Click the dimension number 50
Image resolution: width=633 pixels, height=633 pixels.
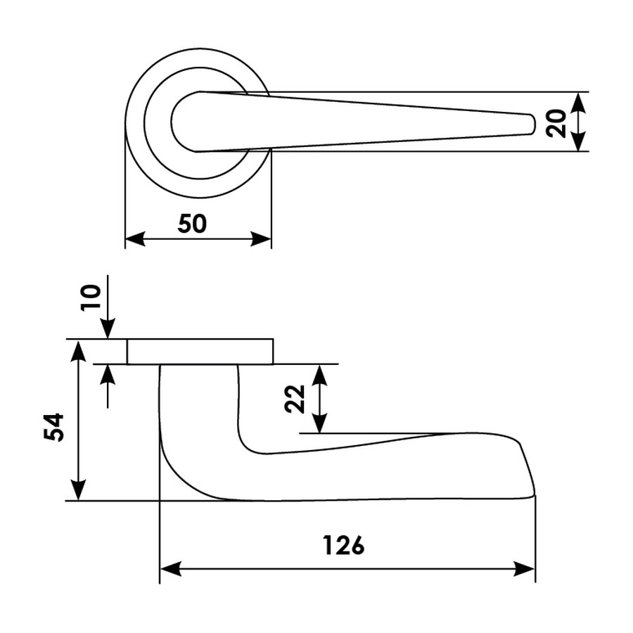click(x=192, y=224)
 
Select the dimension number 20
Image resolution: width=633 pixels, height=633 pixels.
click(x=556, y=123)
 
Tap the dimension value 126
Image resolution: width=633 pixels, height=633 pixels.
click(x=343, y=545)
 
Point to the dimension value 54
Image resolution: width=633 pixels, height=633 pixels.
click(x=54, y=427)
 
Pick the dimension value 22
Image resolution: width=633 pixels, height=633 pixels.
click(x=295, y=399)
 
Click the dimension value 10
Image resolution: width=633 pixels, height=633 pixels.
click(x=91, y=297)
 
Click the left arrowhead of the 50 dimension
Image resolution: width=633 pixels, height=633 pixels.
click(x=135, y=238)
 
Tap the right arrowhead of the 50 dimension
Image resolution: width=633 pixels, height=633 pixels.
click(x=261, y=238)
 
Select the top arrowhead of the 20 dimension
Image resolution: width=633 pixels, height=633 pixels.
click(x=580, y=103)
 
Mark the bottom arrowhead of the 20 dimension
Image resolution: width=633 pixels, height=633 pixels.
click(x=580, y=141)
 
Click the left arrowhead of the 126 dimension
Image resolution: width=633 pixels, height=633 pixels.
click(x=170, y=569)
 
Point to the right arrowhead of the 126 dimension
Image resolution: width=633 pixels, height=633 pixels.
click(x=525, y=569)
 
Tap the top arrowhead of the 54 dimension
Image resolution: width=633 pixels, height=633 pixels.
click(x=78, y=350)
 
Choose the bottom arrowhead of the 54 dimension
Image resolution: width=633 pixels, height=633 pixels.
click(x=78, y=490)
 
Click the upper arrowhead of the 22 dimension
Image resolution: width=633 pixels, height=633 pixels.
click(x=320, y=375)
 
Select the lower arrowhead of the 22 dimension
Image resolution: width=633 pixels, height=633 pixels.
click(x=320, y=423)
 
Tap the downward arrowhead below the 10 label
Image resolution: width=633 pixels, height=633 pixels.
click(x=108, y=328)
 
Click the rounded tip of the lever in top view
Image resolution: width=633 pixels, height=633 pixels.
click(x=532, y=124)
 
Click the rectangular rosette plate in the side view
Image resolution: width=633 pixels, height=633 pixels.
click(x=200, y=352)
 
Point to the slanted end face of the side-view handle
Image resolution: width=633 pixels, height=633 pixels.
click(x=527, y=469)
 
